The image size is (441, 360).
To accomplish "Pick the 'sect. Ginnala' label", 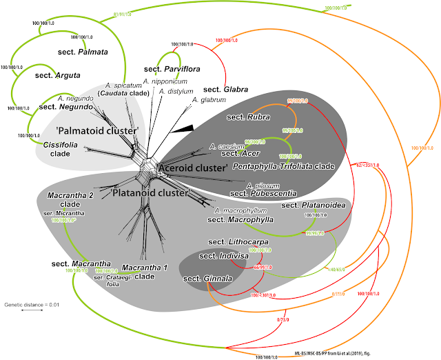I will pos(207,279).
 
